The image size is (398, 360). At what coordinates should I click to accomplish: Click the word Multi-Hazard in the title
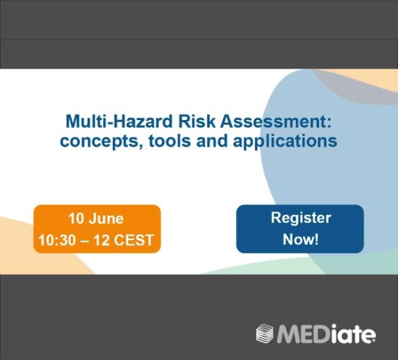tap(119, 121)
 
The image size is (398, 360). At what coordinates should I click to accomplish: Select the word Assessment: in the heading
tap(276, 121)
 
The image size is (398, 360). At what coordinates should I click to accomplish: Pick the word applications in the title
tap(285, 142)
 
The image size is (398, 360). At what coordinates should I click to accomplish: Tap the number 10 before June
tap(76, 218)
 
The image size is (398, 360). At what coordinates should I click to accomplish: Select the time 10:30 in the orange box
tap(57, 240)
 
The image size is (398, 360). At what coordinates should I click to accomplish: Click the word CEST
tap(134, 240)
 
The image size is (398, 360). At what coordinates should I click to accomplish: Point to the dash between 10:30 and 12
tap(85, 240)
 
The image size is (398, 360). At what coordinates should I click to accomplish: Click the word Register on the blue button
tap(301, 218)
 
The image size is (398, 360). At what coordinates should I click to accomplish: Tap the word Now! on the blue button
tap(300, 239)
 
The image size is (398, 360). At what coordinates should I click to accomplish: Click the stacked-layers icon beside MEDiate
tap(265, 333)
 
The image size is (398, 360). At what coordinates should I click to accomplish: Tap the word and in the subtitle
tap(212, 141)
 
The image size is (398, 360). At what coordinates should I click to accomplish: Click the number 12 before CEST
tap(101, 240)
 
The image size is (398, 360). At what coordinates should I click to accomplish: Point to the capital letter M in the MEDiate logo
tap(287, 334)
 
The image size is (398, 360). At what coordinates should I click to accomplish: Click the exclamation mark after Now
tap(316, 239)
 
